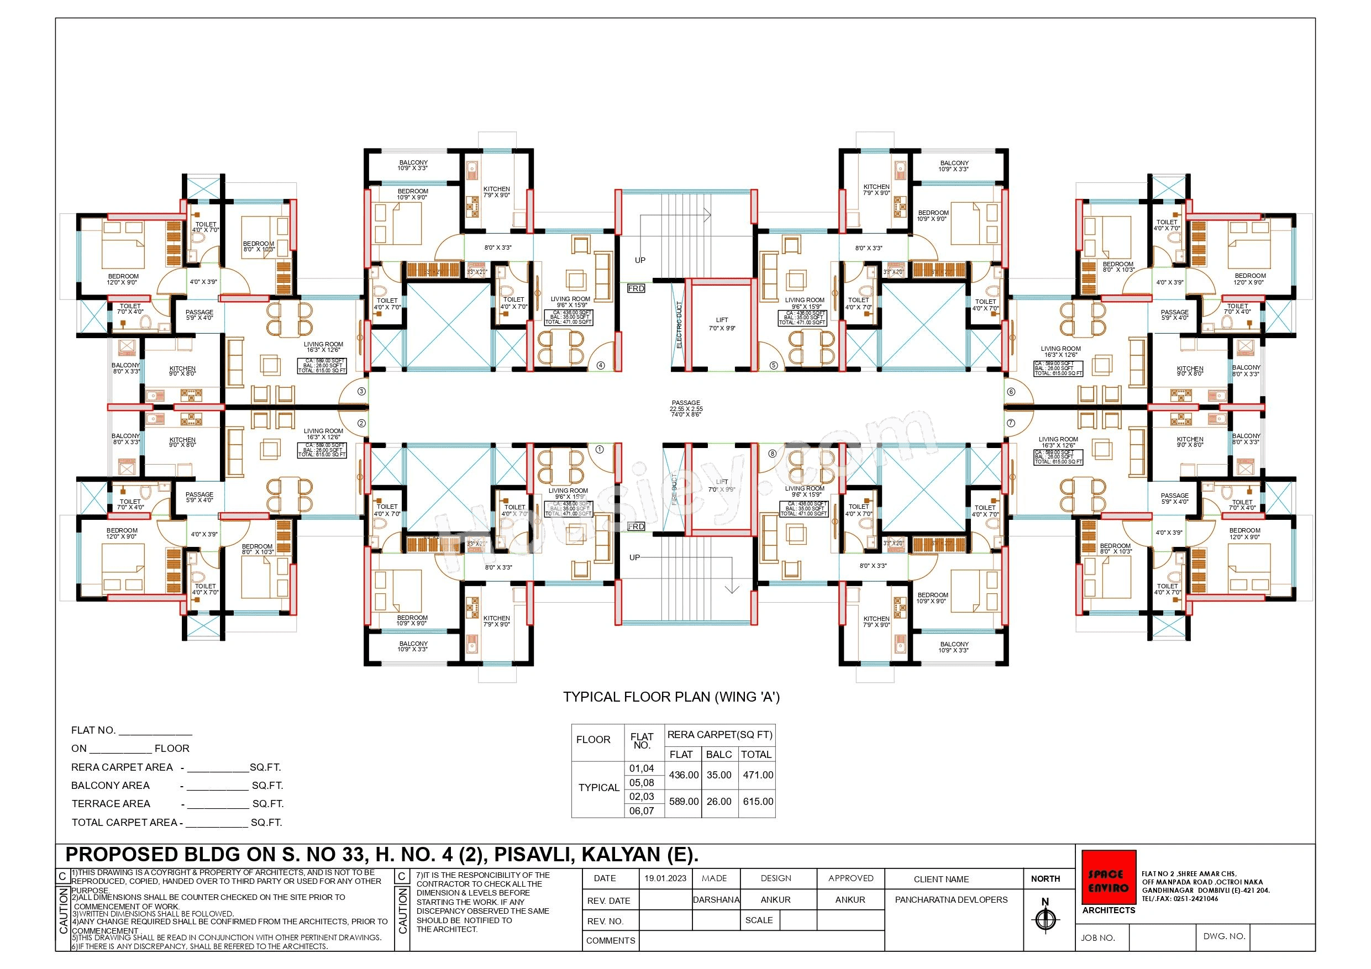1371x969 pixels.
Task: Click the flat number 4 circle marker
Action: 601,365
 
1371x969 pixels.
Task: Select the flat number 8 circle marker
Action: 772,453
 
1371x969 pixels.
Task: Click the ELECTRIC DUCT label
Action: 679,325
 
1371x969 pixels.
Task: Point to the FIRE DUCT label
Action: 674,489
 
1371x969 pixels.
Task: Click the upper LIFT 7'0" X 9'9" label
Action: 721,324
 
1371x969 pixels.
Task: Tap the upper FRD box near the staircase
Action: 636,288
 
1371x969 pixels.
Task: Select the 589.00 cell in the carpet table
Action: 683,801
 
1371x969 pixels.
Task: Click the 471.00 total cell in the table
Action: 758,775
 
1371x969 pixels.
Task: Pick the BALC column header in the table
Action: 718,755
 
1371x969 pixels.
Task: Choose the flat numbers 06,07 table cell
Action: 642,811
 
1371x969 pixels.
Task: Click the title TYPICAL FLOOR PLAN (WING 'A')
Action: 671,697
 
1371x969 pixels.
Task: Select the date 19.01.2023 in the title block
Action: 665,878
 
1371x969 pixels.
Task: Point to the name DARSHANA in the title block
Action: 716,900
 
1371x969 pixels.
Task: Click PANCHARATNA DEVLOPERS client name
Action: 950,900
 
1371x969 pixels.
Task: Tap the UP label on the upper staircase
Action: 639,260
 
